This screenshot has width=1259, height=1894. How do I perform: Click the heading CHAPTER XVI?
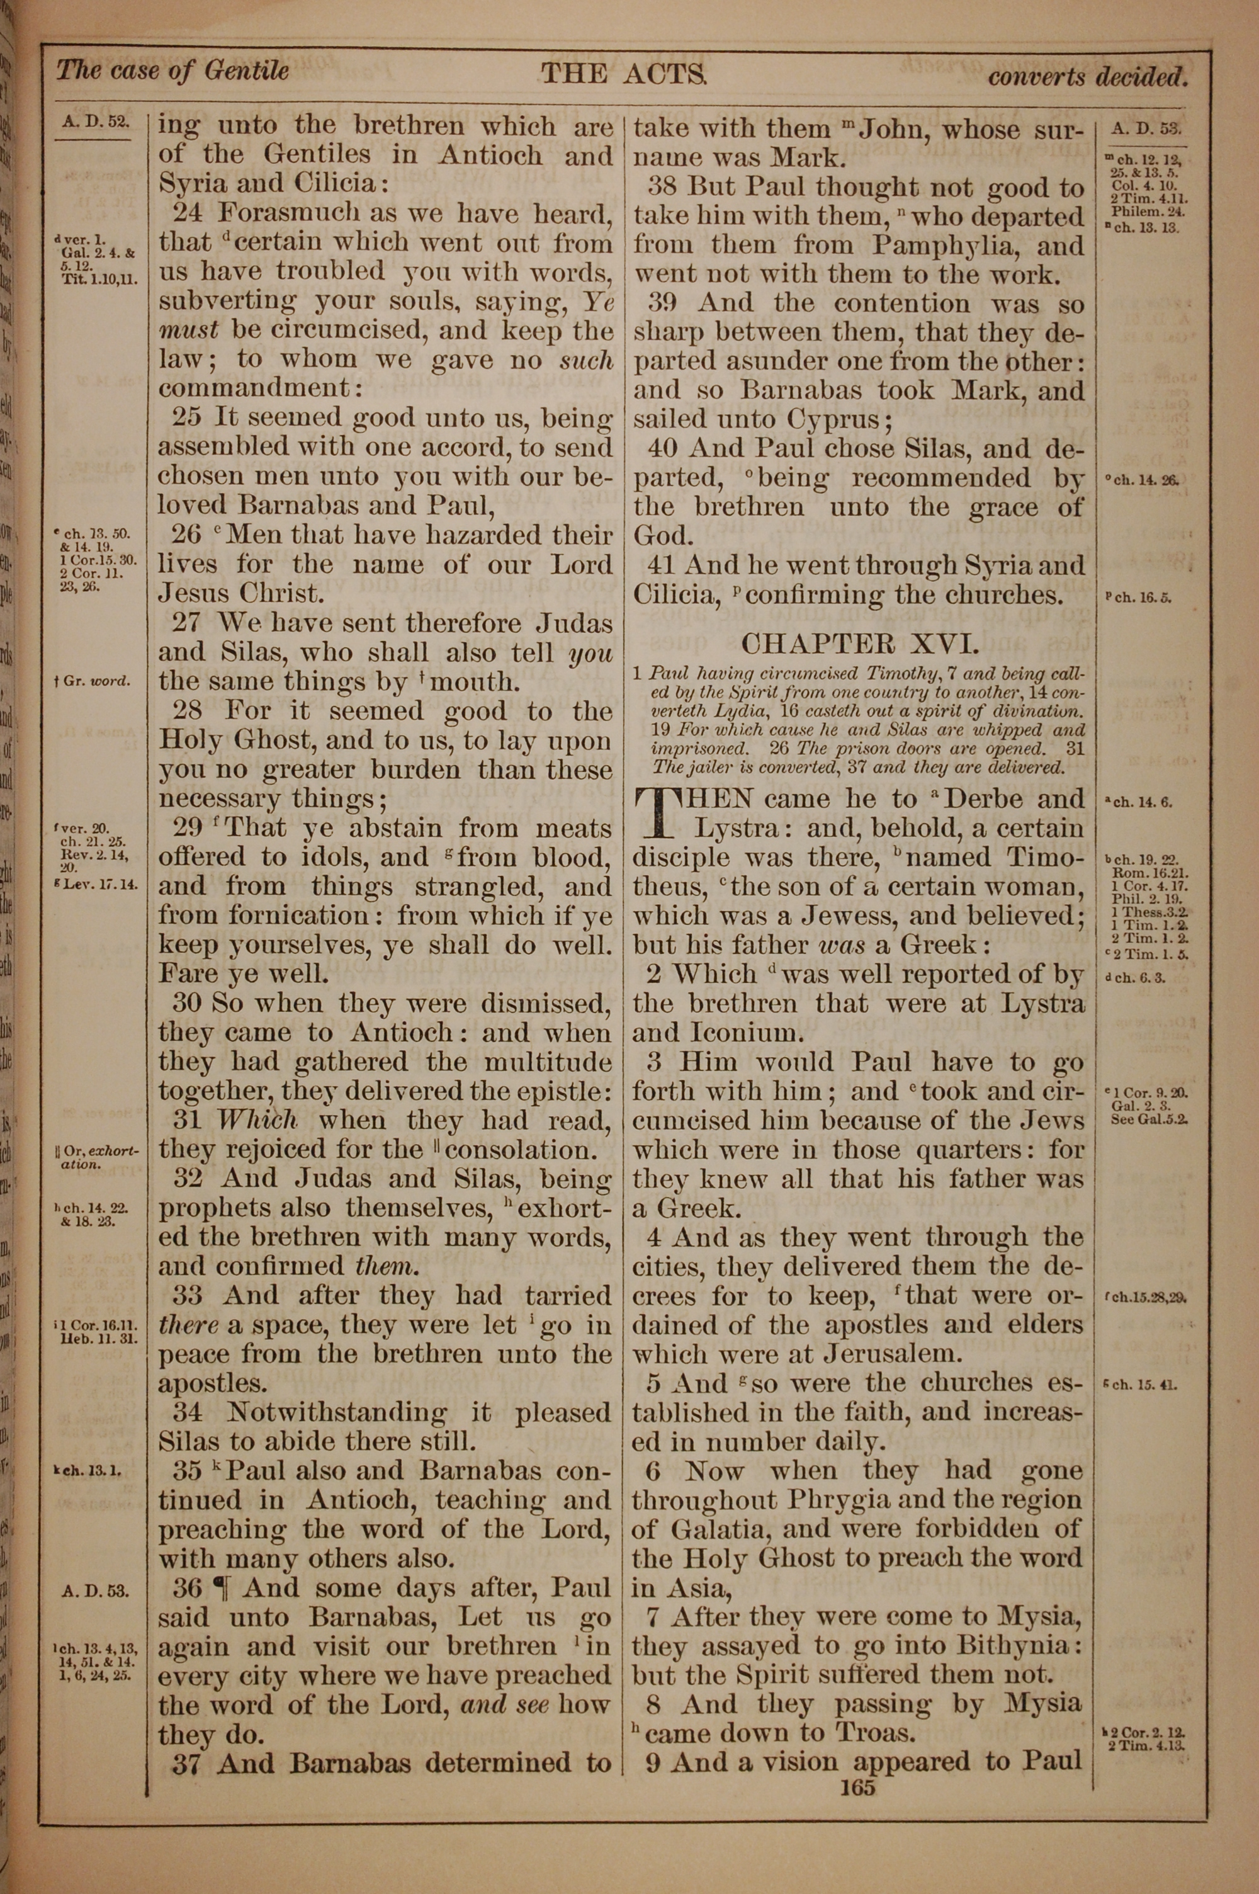click(x=859, y=644)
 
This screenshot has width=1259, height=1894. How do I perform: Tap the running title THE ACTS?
click(x=624, y=75)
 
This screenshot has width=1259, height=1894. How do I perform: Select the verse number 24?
click(x=189, y=213)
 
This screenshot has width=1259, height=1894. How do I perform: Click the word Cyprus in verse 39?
click(x=834, y=420)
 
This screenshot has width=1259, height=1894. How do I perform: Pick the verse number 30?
click(x=186, y=1004)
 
